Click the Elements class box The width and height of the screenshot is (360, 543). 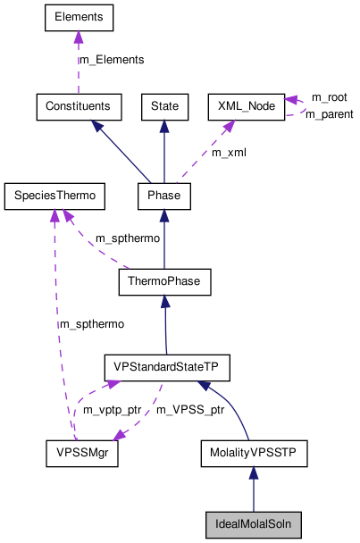coord(79,17)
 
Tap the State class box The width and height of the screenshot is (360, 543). coord(163,106)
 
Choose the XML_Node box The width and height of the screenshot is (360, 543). coord(245,106)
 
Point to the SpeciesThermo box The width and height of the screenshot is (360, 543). coord(54,194)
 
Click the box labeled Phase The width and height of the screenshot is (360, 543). coord(163,194)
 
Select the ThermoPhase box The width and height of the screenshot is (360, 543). coord(163,281)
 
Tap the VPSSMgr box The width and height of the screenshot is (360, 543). coord(82,454)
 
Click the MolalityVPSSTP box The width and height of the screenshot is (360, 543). coord(254,454)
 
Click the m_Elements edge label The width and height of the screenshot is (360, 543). coord(111,60)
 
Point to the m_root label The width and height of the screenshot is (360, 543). coord(328,96)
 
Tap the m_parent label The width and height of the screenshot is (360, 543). coord(328,114)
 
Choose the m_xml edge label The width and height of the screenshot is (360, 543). coord(229,152)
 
